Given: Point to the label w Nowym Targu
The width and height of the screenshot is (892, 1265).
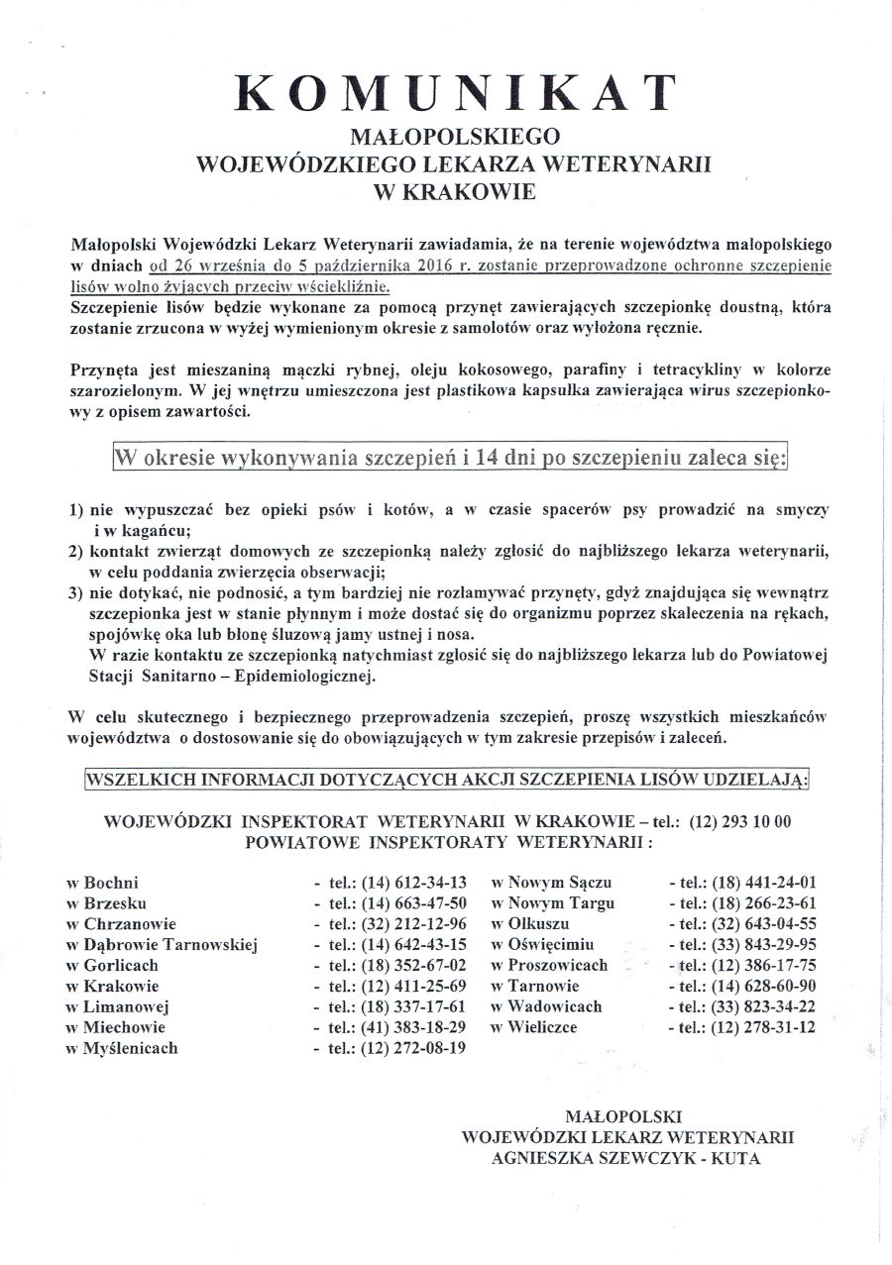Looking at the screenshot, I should click(x=553, y=902).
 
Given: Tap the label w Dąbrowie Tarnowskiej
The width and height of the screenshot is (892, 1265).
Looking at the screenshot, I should click(x=162, y=944).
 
